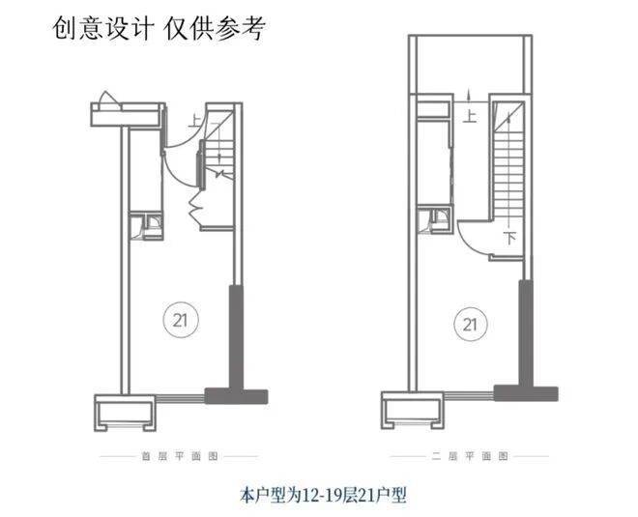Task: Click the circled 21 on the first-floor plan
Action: click(181, 320)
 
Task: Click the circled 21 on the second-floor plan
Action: click(471, 324)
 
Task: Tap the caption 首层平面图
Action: click(180, 456)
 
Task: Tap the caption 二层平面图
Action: click(470, 456)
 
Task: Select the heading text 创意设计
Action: click(102, 28)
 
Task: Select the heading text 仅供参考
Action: click(215, 28)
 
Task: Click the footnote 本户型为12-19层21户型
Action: click(324, 495)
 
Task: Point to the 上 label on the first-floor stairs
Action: click(195, 121)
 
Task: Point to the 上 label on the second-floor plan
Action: click(470, 116)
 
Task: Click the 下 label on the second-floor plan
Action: click(510, 238)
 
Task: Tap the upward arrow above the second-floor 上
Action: click(469, 96)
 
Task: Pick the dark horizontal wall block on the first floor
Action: click(236, 396)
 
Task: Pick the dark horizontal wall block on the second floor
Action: click(526, 393)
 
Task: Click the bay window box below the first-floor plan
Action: click(126, 413)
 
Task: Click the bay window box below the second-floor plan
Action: click(412, 410)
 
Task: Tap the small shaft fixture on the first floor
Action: click(146, 225)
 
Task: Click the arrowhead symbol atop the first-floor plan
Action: click(106, 99)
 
